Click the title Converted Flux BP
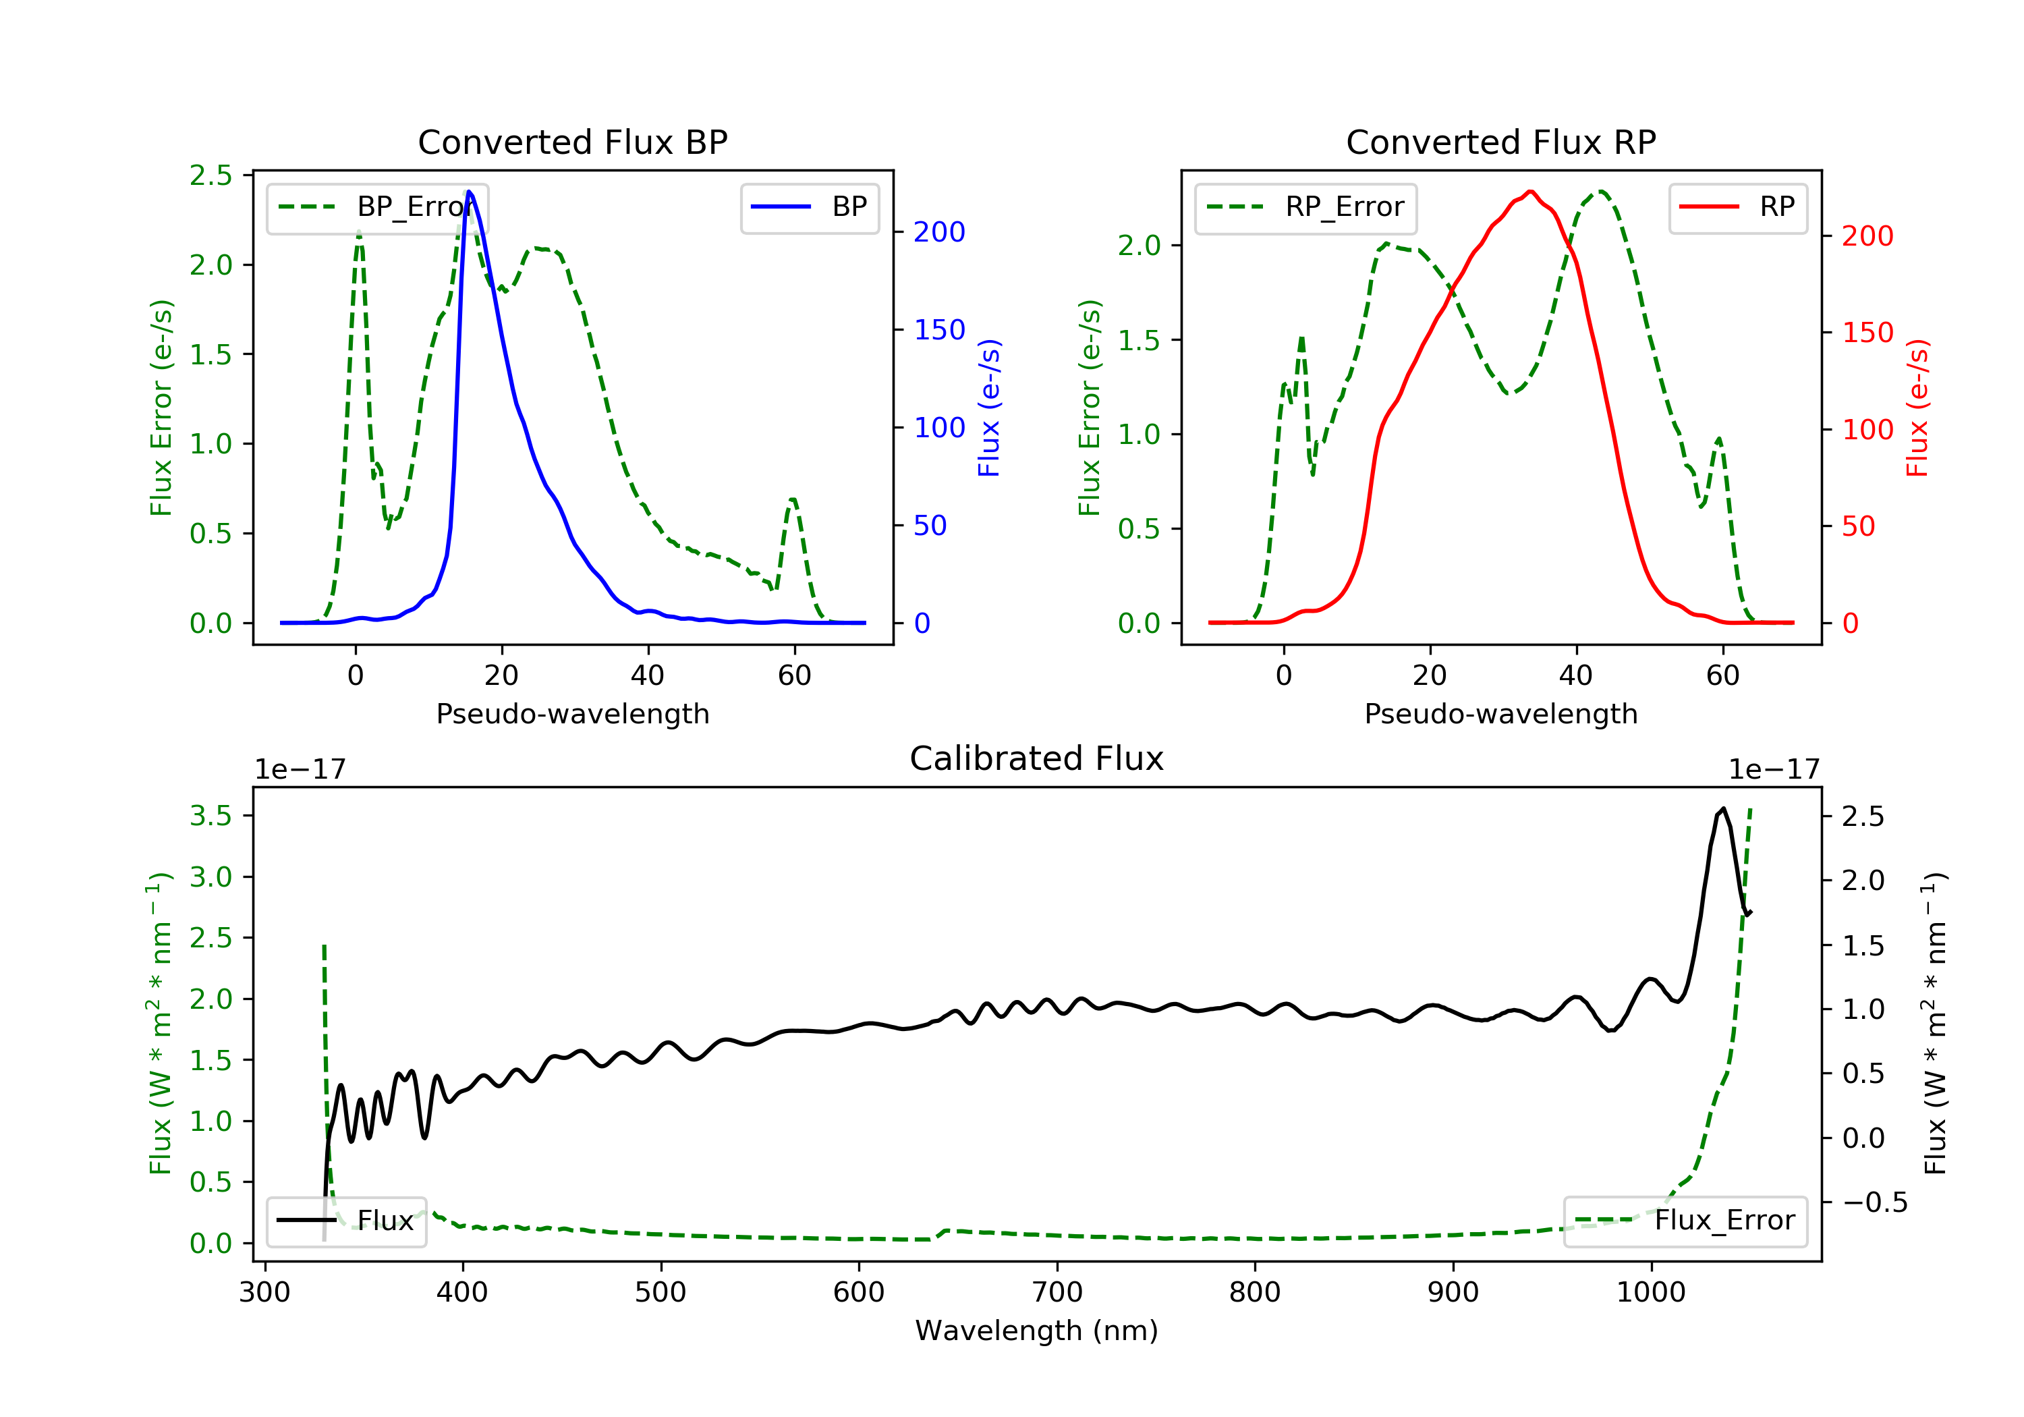click(x=572, y=142)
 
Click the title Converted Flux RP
click(x=1500, y=142)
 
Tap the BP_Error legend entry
click(x=377, y=208)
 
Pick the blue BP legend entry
click(x=809, y=207)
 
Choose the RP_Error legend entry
click(x=1305, y=208)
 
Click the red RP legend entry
click(x=1737, y=207)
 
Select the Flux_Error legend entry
click(x=1685, y=1221)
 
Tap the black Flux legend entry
click(x=345, y=1221)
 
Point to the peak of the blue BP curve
click(x=469, y=192)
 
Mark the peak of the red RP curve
click(x=1530, y=192)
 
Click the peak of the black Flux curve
click(x=1723, y=808)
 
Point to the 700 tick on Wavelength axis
click(x=1057, y=1293)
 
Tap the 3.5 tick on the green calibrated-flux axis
click(x=210, y=816)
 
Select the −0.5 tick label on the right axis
click(x=1874, y=1202)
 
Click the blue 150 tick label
click(x=940, y=330)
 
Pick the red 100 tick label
click(x=1868, y=429)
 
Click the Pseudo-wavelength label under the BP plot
click(x=572, y=714)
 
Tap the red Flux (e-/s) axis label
click(x=1917, y=408)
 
